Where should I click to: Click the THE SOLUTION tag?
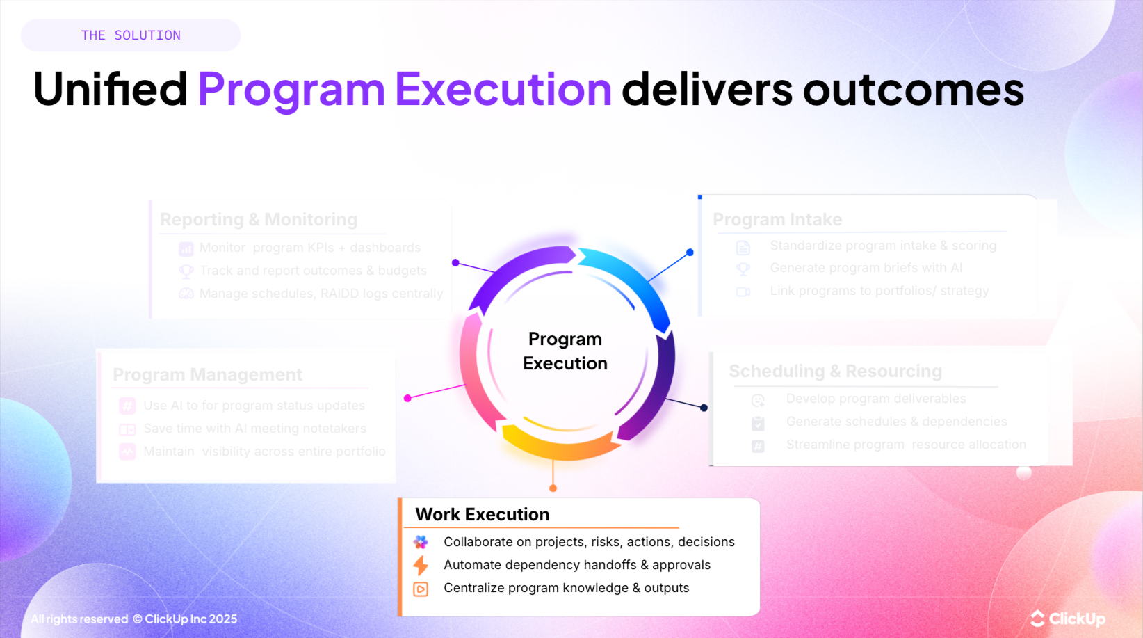click(131, 35)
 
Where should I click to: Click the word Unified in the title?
click(110, 89)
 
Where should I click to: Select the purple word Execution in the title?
click(503, 89)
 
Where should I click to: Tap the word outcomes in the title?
click(913, 89)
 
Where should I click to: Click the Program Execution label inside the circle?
click(565, 351)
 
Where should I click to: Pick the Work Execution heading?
click(483, 514)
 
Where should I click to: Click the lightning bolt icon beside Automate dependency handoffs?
click(421, 565)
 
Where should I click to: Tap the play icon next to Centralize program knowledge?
click(421, 589)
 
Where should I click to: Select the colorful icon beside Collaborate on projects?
click(421, 542)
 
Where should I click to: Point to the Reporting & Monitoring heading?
click(259, 220)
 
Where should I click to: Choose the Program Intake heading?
click(777, 220)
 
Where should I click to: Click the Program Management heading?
click(207, 375)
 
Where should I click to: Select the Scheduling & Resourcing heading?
click(835, 372)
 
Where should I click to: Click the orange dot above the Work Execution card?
click(553, 488)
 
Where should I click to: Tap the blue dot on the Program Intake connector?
click(690, 253)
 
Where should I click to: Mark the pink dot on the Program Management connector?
click(407, 398)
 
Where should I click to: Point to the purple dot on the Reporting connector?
click(455, 262)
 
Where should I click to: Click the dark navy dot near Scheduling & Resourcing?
click(704, 408)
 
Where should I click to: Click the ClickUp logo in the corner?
click(1068, 619)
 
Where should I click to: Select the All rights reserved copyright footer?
click(134, 619)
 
